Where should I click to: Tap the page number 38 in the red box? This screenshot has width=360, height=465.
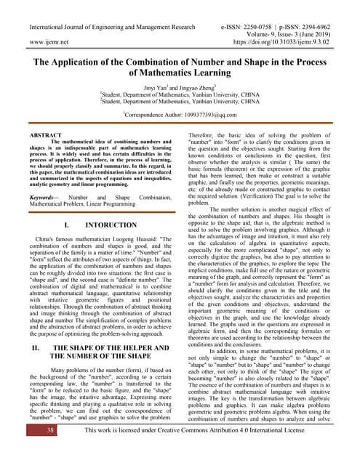click(x=30, y=450)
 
